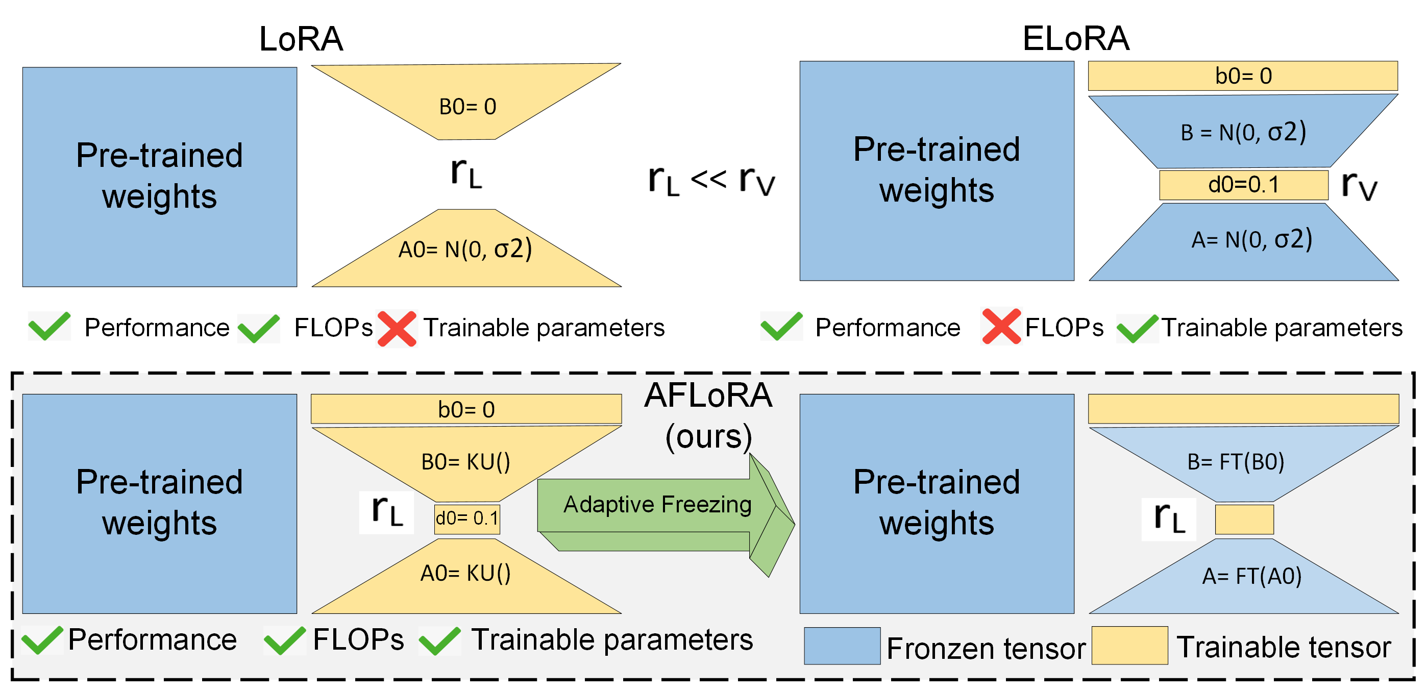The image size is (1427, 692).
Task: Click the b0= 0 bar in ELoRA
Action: coord(1243,76)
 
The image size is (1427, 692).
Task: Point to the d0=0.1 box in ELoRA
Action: coord(1243,185)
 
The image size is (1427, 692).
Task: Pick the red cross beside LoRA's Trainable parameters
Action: coord(397,329)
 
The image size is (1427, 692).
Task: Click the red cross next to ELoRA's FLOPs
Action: coord(1000,327)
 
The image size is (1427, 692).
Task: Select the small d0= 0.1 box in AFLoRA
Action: coord(467,518)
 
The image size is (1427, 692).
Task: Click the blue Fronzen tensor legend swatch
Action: coord(842,646)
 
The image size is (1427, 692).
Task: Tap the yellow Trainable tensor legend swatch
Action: coord(1129,646)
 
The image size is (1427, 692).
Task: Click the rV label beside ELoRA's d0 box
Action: coord(1358,186)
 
